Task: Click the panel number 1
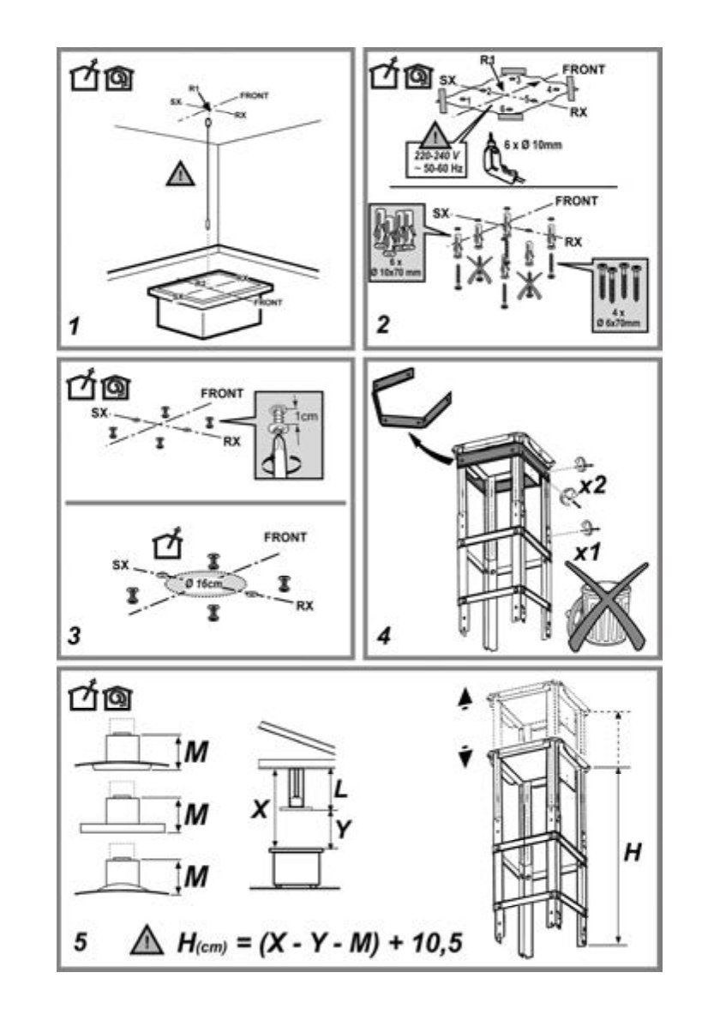point(75,327)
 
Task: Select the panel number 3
point(76,637)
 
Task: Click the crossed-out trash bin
point(605,611)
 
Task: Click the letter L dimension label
point(340,789)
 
